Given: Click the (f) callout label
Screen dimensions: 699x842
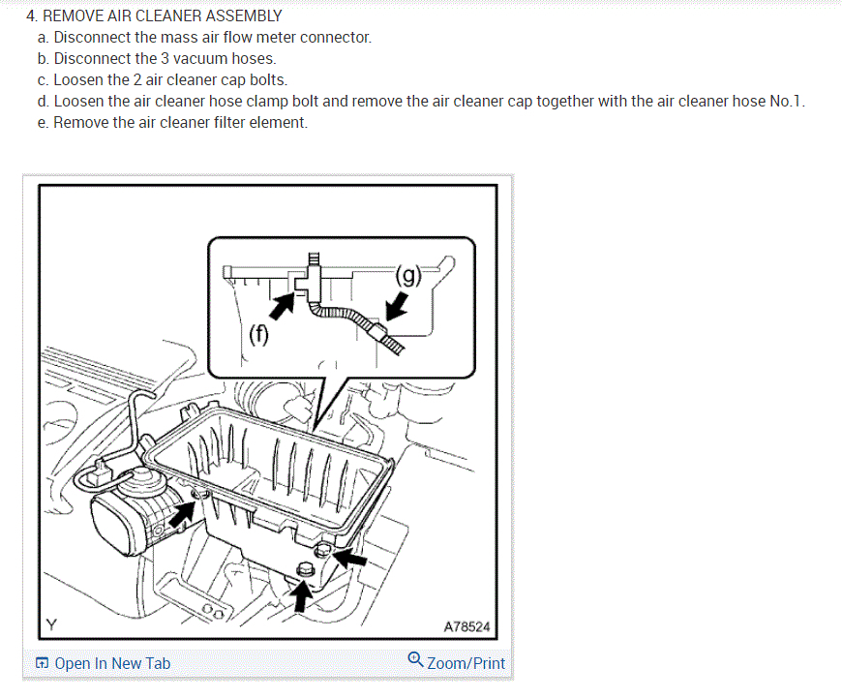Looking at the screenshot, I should click(x=258, y=336).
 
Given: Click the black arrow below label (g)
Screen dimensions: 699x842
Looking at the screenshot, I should click(x=397, y=307).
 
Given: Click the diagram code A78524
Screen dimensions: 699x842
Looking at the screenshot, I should click(x=466, y=627).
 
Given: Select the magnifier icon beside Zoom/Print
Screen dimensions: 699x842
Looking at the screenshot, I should click(x=415, y=660).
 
